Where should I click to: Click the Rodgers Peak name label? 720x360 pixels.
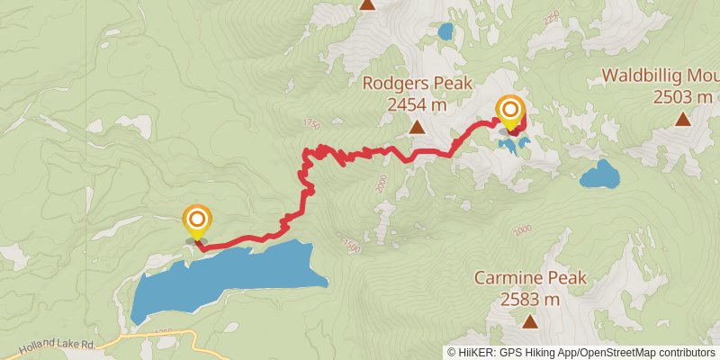pos(417,84)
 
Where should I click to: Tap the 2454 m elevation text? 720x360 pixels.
pos(417,104)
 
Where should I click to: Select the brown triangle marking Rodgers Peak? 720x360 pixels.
pos(417,128)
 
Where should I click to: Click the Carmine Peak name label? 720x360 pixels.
pos(530,278)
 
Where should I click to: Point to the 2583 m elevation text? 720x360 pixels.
pos(530,299)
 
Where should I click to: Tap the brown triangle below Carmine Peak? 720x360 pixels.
pos(530,321)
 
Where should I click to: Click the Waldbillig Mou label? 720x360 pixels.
pos(660,75)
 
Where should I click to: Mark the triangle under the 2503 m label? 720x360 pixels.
pos(683,119)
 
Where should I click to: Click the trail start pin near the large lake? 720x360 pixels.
pos(197,221)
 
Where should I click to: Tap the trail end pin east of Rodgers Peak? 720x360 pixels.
pos(509,112)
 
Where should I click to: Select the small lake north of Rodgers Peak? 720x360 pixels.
pos(445,32)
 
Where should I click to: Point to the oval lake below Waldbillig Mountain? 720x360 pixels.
pos(598,174)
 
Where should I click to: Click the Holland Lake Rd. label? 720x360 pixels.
pos(36,343)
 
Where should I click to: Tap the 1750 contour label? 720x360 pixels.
pos(311,123)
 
